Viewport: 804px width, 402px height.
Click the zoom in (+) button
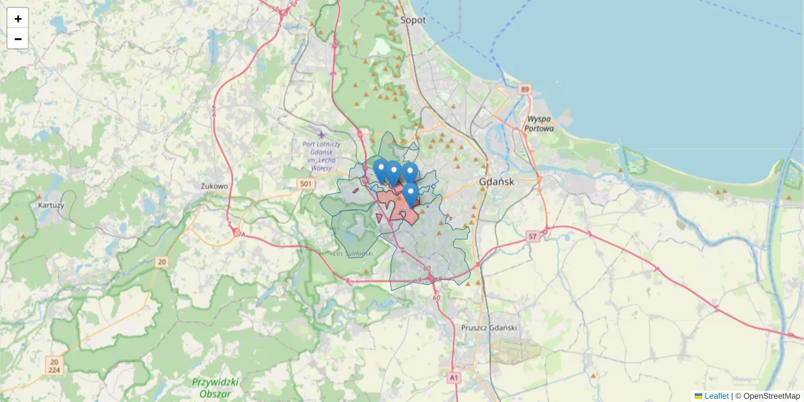18,19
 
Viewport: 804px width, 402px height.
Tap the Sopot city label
413,20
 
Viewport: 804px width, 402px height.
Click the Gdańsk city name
496,182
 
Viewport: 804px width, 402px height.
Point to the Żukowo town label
215,186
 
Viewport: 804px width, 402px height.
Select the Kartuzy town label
52,205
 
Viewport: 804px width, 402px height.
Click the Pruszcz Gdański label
490,328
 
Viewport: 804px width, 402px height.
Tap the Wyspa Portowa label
539,123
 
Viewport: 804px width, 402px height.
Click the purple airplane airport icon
322,134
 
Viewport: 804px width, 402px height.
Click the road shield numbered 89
524,89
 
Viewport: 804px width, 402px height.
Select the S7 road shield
532,237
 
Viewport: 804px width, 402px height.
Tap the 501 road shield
306,184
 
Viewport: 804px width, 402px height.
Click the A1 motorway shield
454,378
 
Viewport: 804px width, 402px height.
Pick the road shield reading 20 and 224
54,365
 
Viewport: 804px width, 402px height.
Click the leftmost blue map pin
381,170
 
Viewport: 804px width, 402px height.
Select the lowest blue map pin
410,194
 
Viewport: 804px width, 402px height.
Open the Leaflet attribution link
716,396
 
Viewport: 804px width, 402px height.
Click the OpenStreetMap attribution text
770,396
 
